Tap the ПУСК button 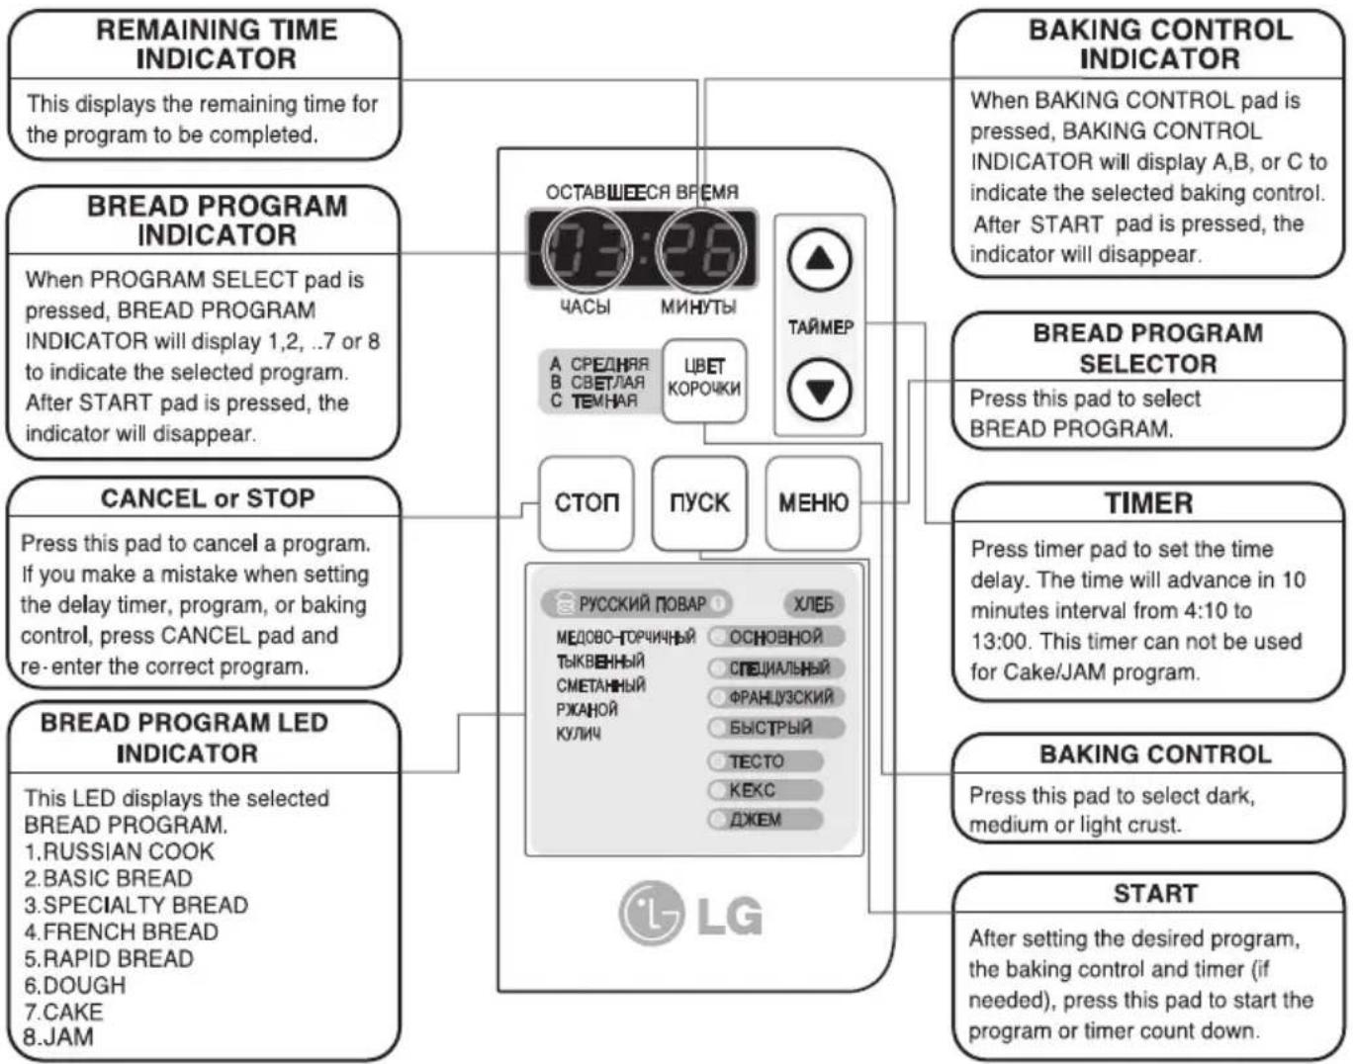699,503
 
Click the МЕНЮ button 813,503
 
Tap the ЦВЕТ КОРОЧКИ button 704,380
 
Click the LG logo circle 651,913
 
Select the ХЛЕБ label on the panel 813,604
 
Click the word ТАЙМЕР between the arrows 821,327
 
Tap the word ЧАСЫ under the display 585,307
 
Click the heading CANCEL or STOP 208,498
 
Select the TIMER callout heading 1148,503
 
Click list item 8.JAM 58,1036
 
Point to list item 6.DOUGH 75,985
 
